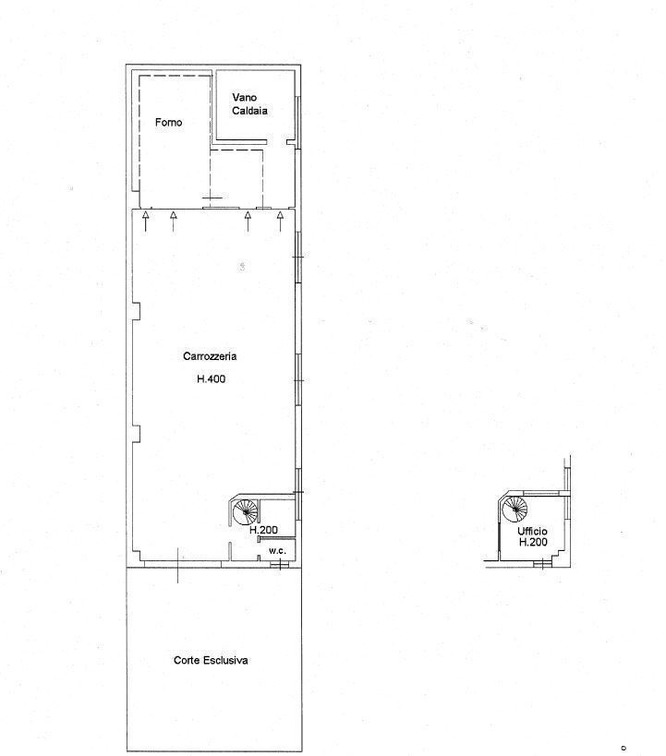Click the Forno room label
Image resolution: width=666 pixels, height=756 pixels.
168,123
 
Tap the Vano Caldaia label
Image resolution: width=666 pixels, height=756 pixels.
249,104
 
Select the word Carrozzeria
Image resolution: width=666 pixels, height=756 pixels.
210,356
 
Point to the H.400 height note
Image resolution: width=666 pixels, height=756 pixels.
211,379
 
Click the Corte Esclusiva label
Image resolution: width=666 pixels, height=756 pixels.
211,660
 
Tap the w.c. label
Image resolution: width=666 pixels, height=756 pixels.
277,550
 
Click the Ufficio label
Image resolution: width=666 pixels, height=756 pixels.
532,532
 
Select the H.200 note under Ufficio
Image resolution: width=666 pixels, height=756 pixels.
533,542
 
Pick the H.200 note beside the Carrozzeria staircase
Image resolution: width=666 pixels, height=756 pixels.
263,530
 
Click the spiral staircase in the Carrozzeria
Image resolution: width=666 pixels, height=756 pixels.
245,512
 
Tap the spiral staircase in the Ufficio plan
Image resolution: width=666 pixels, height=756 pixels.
515,509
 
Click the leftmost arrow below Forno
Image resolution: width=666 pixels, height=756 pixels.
145,221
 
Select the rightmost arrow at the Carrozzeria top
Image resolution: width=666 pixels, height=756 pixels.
280,221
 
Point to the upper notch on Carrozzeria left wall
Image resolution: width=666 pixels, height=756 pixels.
137,311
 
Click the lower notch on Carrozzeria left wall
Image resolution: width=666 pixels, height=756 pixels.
137,434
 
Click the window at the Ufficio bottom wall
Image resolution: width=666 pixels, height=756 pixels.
542,562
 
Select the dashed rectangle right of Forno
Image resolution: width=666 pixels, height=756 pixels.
236,179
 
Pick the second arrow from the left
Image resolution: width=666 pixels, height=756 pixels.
174,221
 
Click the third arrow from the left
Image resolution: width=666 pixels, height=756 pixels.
248,221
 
